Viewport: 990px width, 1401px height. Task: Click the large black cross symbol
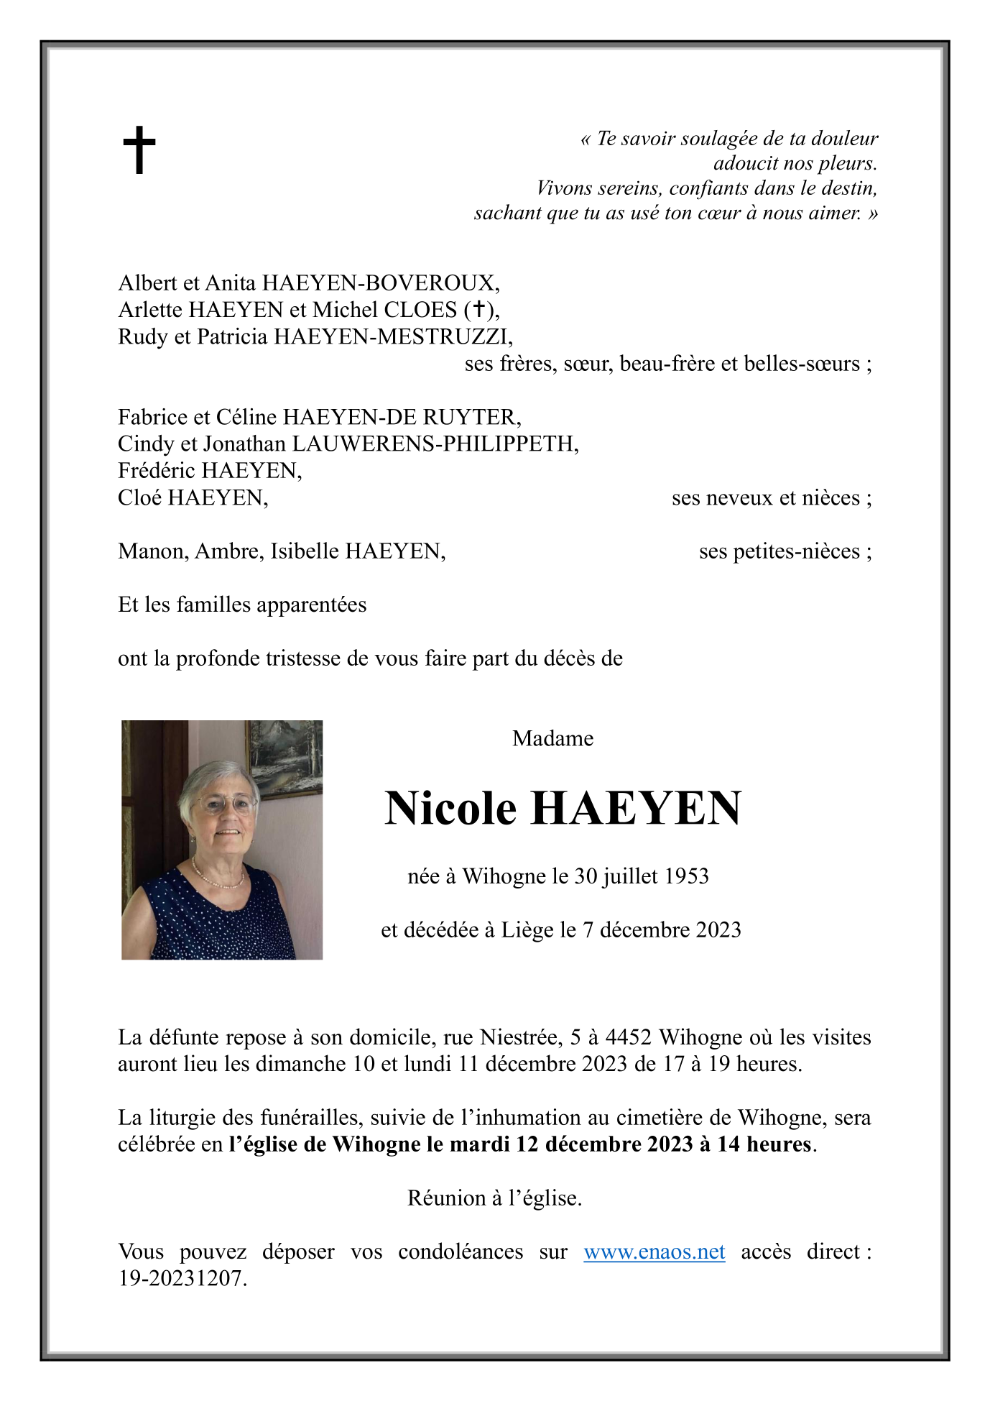click(x=139, y=150)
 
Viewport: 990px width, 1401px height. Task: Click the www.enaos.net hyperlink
click(x=654, y=1251)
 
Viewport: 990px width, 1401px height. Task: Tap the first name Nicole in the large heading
click(x=450, y=808)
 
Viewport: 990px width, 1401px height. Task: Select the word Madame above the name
click(x=552, y=738)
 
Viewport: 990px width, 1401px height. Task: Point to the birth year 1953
click(x=686, y=876)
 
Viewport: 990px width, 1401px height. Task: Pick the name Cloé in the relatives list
click(x=140, y=497)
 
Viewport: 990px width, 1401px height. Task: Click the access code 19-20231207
click(x=182, y=1278)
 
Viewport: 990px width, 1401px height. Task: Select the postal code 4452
click(x=628, y=1037)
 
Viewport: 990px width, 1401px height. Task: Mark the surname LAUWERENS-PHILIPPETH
click(x=434, y=444)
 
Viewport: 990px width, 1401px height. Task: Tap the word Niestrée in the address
click(x=520, y=1037)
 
